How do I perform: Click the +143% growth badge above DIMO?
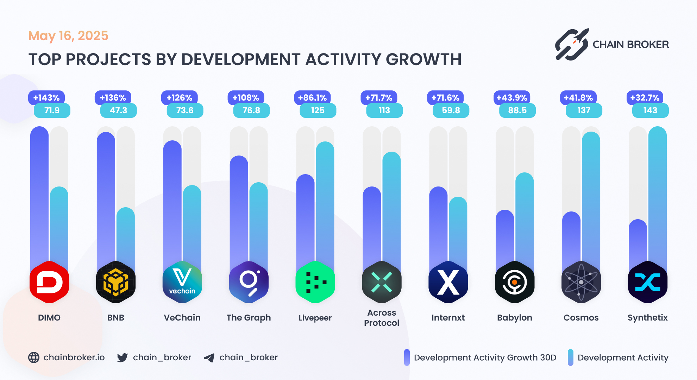click(46, 97)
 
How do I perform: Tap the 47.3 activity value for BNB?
click(118, 110)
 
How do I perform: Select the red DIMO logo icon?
click(49, 282)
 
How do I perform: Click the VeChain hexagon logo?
click(182, 282)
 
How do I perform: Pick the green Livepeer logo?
click(315, 282)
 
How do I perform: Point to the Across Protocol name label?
click(382, 318)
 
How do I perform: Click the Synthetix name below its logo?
click(647, 318)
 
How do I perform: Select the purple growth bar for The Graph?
click(239, 211)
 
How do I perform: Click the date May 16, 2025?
click(68, 36)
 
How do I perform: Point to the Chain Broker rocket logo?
click(572, 45)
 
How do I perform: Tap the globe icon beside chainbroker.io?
click(34, 357)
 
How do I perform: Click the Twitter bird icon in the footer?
click(123, 357)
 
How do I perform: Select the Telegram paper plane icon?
click(209, 358)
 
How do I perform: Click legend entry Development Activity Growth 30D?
click(485, 357)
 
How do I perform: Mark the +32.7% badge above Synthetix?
click(645, 97)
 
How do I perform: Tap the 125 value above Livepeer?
click(318, 110)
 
